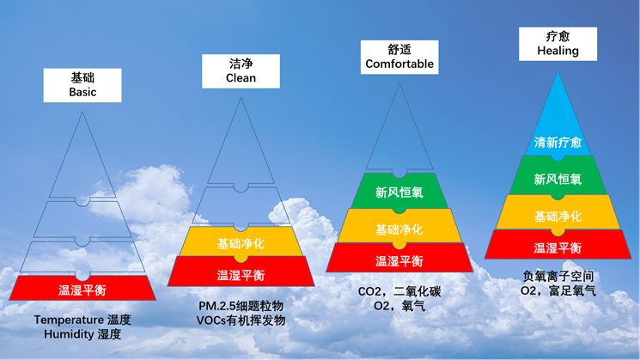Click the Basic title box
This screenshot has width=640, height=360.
point(82,84)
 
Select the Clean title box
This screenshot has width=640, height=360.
point(241,70)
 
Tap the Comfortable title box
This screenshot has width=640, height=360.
point(399,57)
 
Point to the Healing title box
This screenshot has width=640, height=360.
point(558,43)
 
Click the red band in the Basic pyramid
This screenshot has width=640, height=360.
point(82,290)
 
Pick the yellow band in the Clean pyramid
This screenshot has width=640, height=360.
point(241,243)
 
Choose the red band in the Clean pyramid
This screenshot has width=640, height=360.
point(241,275)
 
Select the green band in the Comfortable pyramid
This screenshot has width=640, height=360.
point(399,193)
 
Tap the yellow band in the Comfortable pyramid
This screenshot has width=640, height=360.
point(399,229)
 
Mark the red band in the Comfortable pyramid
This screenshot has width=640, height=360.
point(399,259)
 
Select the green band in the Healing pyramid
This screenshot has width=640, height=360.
point(558,178)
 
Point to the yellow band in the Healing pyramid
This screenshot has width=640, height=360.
point(558,215)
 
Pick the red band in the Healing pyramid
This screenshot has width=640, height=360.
point(558,247)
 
